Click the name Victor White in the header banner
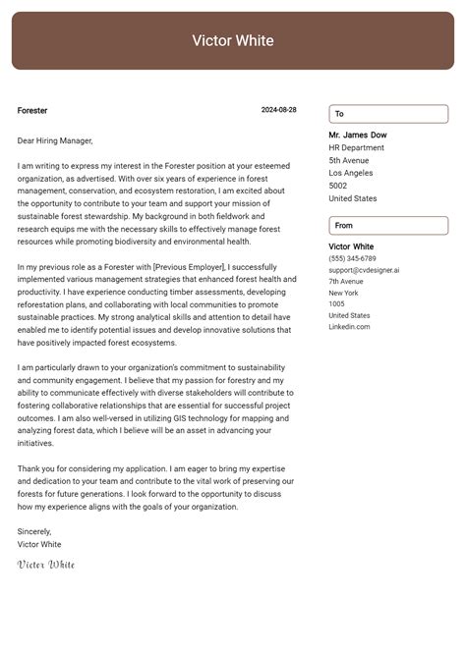(233, 41)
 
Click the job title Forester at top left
(32, 111)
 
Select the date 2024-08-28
(278, 111)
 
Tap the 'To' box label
(340, 114)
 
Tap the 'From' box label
(344, 226)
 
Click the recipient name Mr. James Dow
(358, 135)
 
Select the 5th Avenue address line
(349, 160)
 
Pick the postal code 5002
(338, 186)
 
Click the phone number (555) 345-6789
(352, 258)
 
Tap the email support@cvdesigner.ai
(364, 270)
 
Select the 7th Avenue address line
(346, 282)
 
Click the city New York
(344, 293)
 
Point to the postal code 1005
(337, 304)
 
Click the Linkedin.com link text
(349, 327)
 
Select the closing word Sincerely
(34, 531)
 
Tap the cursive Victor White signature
(46, 565)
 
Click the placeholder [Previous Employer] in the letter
(188, 267)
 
